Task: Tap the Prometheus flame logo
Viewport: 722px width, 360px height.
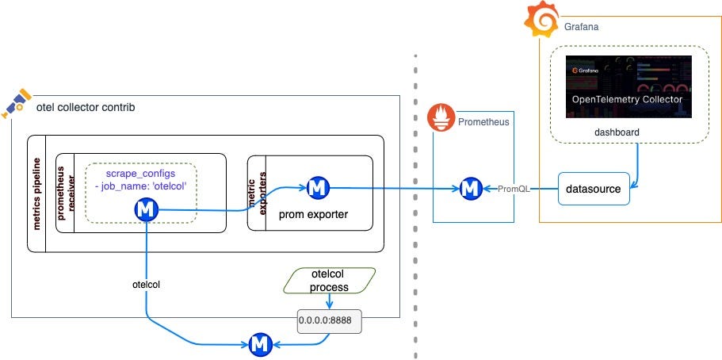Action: tap(441, 119)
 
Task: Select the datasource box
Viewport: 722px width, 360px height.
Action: tap(594, 189)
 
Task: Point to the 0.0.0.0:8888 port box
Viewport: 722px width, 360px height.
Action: tap(330, 320)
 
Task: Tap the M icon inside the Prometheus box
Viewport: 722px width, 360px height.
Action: tap(471, 189)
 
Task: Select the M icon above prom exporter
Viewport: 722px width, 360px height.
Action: tap(318, 189)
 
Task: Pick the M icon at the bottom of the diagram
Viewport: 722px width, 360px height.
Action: tap(259, 343)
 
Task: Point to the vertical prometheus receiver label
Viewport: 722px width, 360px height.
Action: tap(63, 192)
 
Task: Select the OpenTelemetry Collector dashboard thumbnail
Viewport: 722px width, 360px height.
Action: tap(628, 86)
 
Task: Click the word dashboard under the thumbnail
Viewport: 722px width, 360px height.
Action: tap(617, 132)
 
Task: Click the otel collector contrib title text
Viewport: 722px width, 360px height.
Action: tap(86, 107)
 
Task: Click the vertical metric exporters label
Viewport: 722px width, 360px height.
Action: tap(258, 193)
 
